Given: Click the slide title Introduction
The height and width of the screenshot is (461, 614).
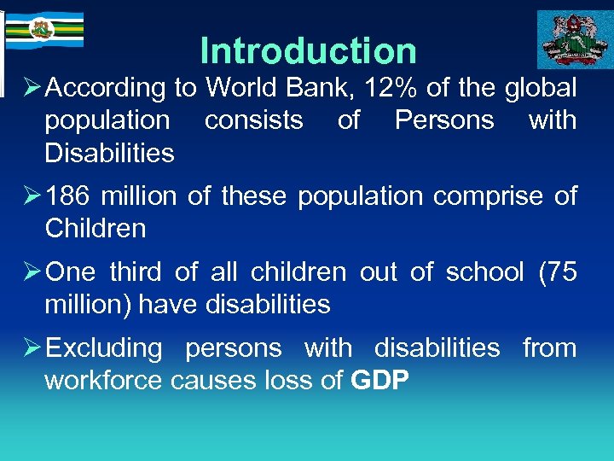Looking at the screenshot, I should coord(308,50).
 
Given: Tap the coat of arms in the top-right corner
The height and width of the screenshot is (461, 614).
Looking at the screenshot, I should coord(574,39).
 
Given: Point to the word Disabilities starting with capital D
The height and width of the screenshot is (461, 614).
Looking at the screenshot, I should coord(109,154).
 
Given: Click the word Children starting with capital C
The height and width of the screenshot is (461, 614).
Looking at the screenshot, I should coord(95,229).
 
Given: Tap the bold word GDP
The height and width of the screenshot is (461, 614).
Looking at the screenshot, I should coord(380,381).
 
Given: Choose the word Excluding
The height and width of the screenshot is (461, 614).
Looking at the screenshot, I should coord(103,348).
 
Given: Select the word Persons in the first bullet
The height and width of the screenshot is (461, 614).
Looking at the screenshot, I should coord(444,120).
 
